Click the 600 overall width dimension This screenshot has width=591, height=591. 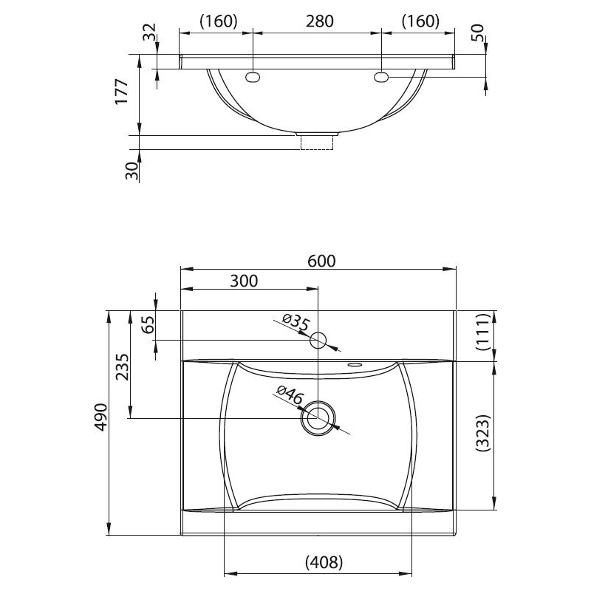click(321, 261)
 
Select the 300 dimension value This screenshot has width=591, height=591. click(244, 281)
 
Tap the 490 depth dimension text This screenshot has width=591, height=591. click(101, 417)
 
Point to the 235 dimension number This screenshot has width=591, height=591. click(122, 366)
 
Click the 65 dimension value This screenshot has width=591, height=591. click(148, 324)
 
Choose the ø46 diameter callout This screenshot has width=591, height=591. click(290, 395)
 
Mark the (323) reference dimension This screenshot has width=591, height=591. click(484, 433)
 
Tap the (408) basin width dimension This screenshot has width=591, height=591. click(324, 562)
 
